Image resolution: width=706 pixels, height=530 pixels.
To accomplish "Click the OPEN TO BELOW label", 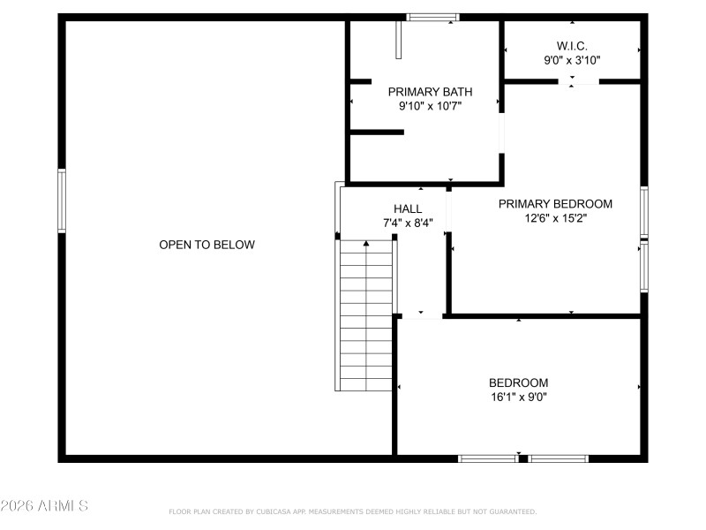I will pos(207,245).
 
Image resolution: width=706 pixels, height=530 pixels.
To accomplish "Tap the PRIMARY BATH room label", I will pos(430,91).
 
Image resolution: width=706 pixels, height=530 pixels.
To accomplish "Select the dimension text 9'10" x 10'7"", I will pos(430,106).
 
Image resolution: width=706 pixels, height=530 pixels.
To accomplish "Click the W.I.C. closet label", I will pos(572,45).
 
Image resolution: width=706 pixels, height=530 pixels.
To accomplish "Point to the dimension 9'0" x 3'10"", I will pos(572,60).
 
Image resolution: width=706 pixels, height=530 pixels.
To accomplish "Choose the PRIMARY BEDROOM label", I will pos(555,203).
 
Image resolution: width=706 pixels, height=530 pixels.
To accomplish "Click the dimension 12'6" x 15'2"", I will pos(555,218).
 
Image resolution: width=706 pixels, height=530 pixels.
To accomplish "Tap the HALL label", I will pos(408,208).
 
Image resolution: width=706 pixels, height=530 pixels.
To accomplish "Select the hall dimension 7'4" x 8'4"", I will pos(408,223).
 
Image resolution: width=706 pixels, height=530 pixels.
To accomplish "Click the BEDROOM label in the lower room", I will pos(519,382).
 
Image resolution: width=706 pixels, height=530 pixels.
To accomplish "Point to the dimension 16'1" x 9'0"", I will pos(519,397).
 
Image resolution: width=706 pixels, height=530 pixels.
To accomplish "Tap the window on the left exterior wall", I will pos(62,201).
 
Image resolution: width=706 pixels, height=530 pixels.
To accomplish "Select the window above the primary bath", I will pos(432,17).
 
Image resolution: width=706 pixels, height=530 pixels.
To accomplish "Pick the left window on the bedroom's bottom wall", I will pos(488,458).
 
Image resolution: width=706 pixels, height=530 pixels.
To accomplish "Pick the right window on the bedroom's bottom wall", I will pos(558,458).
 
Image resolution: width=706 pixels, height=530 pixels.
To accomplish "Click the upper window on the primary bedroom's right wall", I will pos(644,212).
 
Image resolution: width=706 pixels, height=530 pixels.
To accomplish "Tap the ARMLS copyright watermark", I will pos(44,506).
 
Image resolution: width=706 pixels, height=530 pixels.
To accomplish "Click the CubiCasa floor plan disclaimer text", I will pos(352,511).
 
